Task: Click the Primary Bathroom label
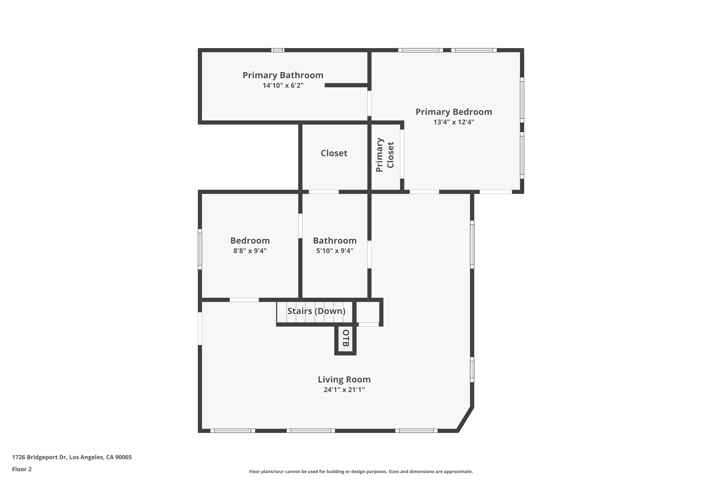coord(283,75)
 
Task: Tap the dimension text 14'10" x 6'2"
coord(283,85)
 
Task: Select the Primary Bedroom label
coord(453,112)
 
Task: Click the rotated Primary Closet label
coord(385,155)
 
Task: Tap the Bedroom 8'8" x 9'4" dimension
coord(250,251)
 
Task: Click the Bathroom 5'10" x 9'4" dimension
coord(334,251)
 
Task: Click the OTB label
coord(346,338)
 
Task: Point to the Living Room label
coord(344,380)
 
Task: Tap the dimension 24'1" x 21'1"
coord(344,390)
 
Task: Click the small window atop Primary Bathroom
coord(277,50)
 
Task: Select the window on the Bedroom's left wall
coord(200,249)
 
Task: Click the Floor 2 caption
coord(22,469)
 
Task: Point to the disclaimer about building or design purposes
coord(361,471)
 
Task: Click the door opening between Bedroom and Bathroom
coord(300,226)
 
